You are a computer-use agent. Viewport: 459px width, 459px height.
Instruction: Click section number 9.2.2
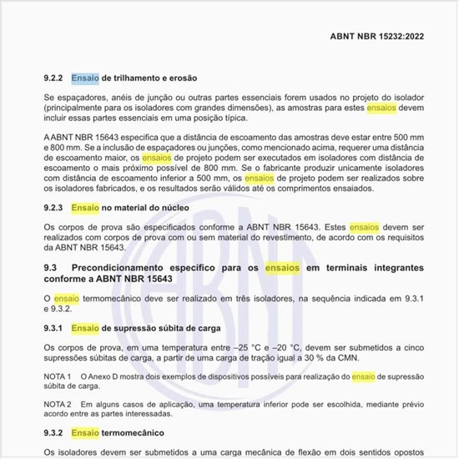(54, 78)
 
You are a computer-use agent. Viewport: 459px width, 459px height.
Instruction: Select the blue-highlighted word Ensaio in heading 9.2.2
(85, 78)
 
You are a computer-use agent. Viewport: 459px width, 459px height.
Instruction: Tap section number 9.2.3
(54, 206)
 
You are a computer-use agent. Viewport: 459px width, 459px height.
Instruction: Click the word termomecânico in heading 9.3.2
(133, 433)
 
